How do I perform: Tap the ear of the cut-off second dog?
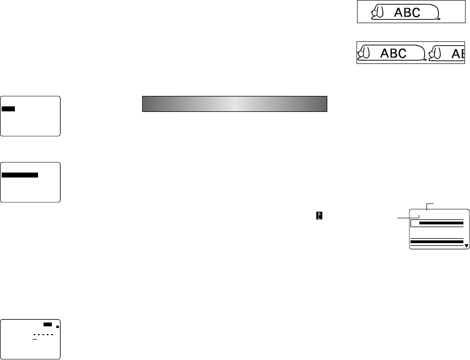coord(435,52)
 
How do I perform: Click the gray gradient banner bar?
coord(235,104)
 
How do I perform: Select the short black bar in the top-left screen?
coord(8,109)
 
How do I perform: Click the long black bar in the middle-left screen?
coord(20,175)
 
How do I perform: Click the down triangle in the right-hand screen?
coord(466,246)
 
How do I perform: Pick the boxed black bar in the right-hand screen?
coord(440,224)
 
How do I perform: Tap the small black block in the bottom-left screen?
coord(47,325)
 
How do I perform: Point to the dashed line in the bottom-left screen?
coord(42,335)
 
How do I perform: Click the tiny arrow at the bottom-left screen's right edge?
coord(57,326)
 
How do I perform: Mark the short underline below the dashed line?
coord(34,340)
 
